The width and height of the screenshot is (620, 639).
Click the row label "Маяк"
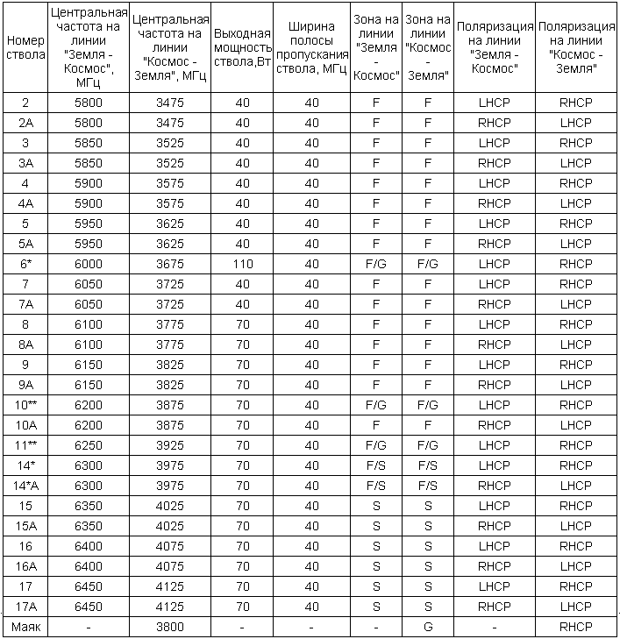click(25, 627)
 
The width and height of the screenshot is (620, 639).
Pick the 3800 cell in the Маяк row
click(169, 627)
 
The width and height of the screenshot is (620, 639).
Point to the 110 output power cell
click(243, 264)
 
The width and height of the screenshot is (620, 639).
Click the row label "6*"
click(25, 264)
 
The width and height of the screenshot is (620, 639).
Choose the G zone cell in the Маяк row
click(428, 627)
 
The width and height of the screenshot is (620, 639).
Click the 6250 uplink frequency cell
click(89, 445)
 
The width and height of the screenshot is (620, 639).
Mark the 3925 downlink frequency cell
click(169, 445)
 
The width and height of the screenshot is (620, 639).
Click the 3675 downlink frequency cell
click(169, 264)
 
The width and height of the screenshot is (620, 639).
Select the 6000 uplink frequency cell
click(89, 264)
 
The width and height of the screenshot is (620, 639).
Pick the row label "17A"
click(25, 607)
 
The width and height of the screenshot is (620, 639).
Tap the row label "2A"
click(25, 123)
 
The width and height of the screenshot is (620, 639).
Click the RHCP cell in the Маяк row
click(576, 627)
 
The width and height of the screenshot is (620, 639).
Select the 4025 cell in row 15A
click(169, 526)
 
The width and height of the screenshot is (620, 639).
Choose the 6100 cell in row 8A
click(89, 344)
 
